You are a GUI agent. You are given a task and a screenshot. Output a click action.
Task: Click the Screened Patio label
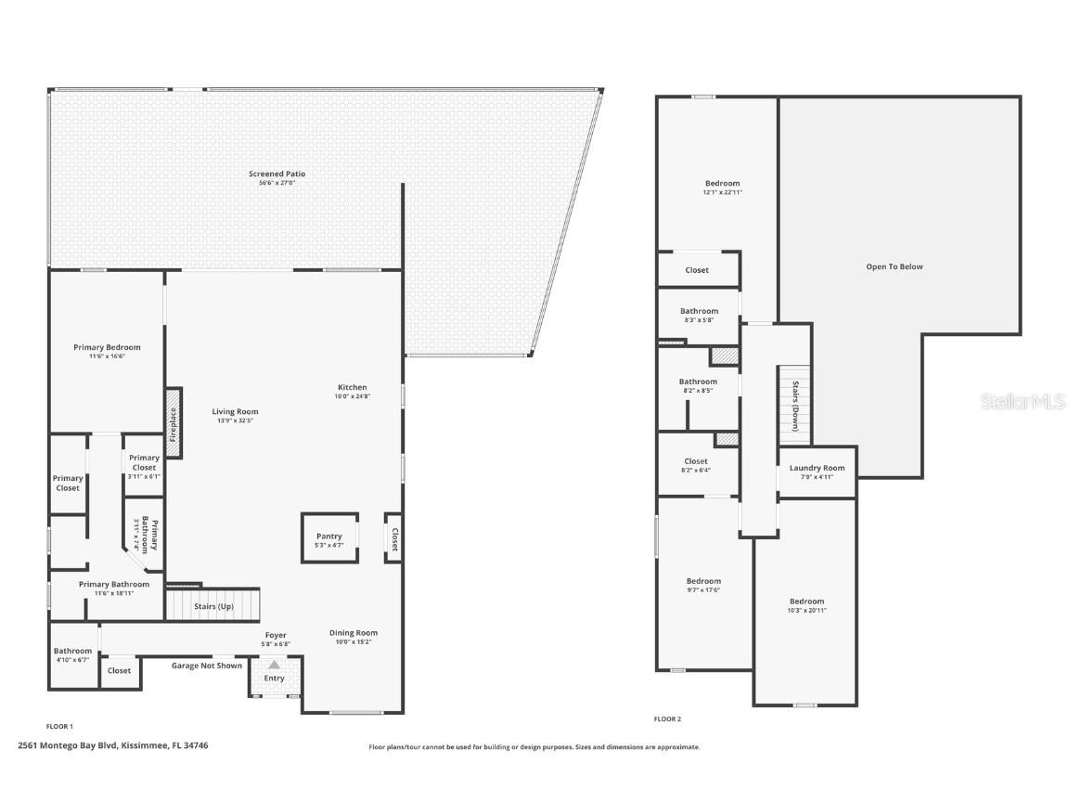tap(277, 174)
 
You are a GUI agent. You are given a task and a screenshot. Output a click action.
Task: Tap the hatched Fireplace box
tap(173, 423)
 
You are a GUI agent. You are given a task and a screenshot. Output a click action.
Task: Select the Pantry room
tap(329, 537)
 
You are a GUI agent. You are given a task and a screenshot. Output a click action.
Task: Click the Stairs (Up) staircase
tap(213, 604)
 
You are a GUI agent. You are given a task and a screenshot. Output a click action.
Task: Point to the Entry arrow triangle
tap(274, 665)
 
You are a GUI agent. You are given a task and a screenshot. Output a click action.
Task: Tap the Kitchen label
tap(352, 387)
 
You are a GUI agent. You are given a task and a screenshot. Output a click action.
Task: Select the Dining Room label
tap(354, 633)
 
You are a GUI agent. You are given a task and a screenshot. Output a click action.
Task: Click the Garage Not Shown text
tap(206, 666)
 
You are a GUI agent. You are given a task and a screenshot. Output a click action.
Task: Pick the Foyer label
tap(276, 635)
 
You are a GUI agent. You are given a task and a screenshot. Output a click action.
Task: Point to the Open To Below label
tap(895, 266)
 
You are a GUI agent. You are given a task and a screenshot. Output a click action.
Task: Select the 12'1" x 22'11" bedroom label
tap(722, 192)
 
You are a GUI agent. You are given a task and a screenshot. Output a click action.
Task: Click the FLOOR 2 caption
tap(667, 718)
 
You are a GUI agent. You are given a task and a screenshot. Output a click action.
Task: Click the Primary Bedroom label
tap(107, 347)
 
